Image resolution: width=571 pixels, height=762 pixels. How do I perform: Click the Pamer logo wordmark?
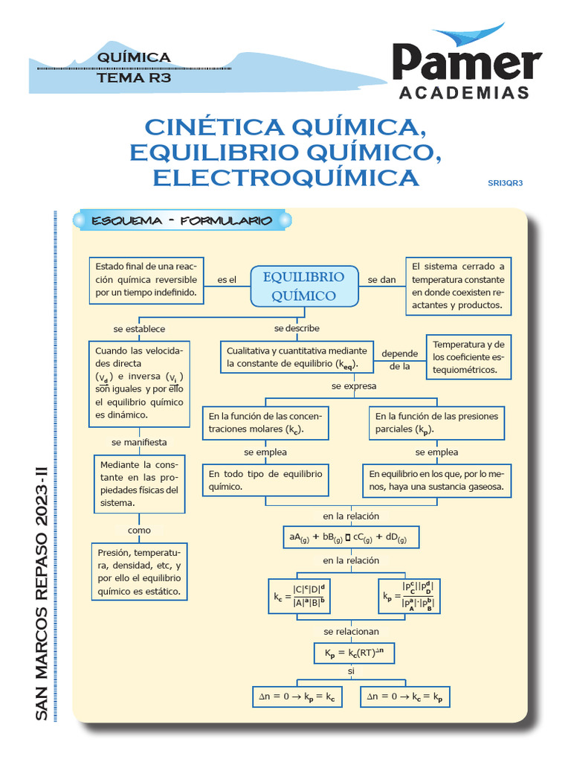coord(467,63)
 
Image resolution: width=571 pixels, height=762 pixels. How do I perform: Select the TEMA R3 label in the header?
coord(134,77)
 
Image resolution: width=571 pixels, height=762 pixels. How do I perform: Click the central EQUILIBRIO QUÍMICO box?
coord(304,286)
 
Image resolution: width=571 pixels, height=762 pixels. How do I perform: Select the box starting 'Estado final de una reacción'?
coord(146,280)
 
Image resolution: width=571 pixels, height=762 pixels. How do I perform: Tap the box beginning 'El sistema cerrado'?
coord(458,286)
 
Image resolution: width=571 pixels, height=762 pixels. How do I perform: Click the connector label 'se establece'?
coord(139,328)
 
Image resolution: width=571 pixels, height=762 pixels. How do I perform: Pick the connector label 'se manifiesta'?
coord(139,441)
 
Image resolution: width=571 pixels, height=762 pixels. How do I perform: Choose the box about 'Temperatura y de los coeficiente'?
coord(468,356)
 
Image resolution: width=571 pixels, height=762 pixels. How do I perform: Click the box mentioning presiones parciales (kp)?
coord(436,423)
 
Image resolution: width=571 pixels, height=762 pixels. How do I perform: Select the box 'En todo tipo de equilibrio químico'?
coord(265,480)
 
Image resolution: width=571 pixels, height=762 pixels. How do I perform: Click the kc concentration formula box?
coord(304,597)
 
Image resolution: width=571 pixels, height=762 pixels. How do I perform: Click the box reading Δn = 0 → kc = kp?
coord(406,697)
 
